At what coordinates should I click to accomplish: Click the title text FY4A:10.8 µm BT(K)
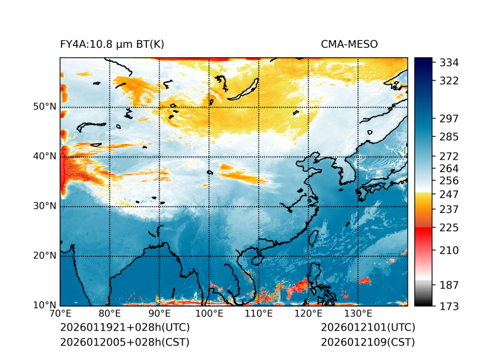click(x=112, y=44)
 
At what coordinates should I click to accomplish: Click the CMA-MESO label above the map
click(x=349, y=44)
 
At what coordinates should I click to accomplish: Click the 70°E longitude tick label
click(x=60, y=314)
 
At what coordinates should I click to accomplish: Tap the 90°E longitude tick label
click(x=160, y=314)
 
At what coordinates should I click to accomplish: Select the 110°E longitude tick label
click(x=258, y=314)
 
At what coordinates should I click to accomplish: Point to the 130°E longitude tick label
click(x=357, y=314)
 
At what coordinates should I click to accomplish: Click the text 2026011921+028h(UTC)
click(x=124, y=328)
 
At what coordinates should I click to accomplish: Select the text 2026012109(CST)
click(x=368, y=342)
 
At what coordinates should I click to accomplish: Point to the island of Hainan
click(x=256, y=259)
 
